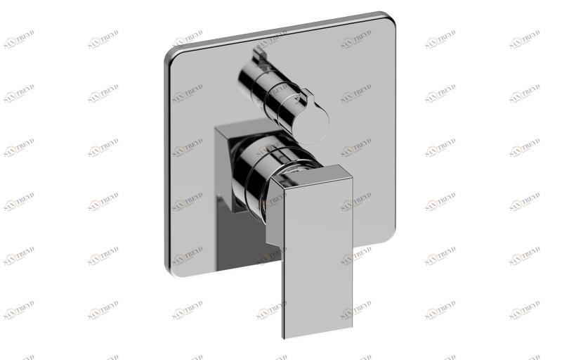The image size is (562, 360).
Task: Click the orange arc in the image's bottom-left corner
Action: pyautogui.click(x=11, y=311)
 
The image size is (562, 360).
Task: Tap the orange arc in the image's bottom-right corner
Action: pyautogui.click(x=517, y=311)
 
